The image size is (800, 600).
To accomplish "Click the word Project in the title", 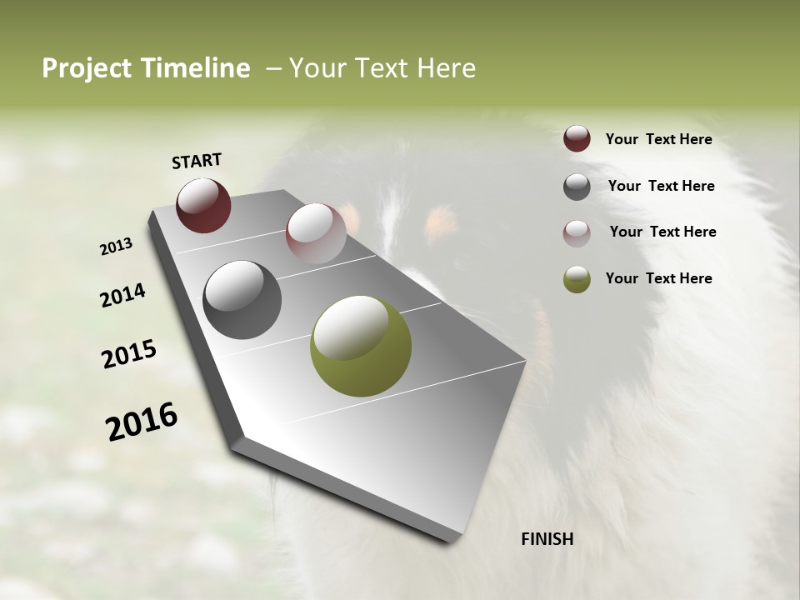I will pyautogui.click(x=87, y=68).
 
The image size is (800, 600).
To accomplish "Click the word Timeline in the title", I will pyautogui.click(x=196, y=68).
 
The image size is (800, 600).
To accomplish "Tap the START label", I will pyautogui.click(x=197, y=160).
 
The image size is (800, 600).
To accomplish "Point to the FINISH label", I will pyautogui.click(x=547, y=539).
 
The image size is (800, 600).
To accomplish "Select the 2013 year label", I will pyautogui.click(x=117, y=247).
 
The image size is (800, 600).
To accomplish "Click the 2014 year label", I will pyautogui.click(x=122, y=296).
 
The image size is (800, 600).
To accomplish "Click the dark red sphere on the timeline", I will pyautogui.click(x=203, y=205).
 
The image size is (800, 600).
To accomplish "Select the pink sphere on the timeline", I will pyautogui.click(x=316, y=232).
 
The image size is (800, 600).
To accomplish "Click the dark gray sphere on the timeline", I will pyautogui.click(x=242, y=299).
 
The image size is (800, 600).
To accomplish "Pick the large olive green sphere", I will pyautogui.click(x=360, y=346).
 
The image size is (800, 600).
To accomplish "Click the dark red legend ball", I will pyautogui.click(x=577, y=138).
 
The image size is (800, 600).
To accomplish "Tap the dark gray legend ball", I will pyautogui.click(x=577, y=187).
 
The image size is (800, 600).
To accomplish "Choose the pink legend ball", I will pyautogui.click(x=577, y=233).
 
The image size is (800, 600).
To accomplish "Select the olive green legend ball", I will pyautogui.click(x=577, y=279).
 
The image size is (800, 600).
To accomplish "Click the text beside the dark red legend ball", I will pyautogui.click(x=659, y=140).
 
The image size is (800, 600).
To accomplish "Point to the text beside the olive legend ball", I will pyautogui.click(x=659, y=278).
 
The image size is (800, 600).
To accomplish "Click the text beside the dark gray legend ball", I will pyautogui.click(x=662, y=186).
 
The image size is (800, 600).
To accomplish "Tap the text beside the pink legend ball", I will pyautogui.click(x=663, y=232).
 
